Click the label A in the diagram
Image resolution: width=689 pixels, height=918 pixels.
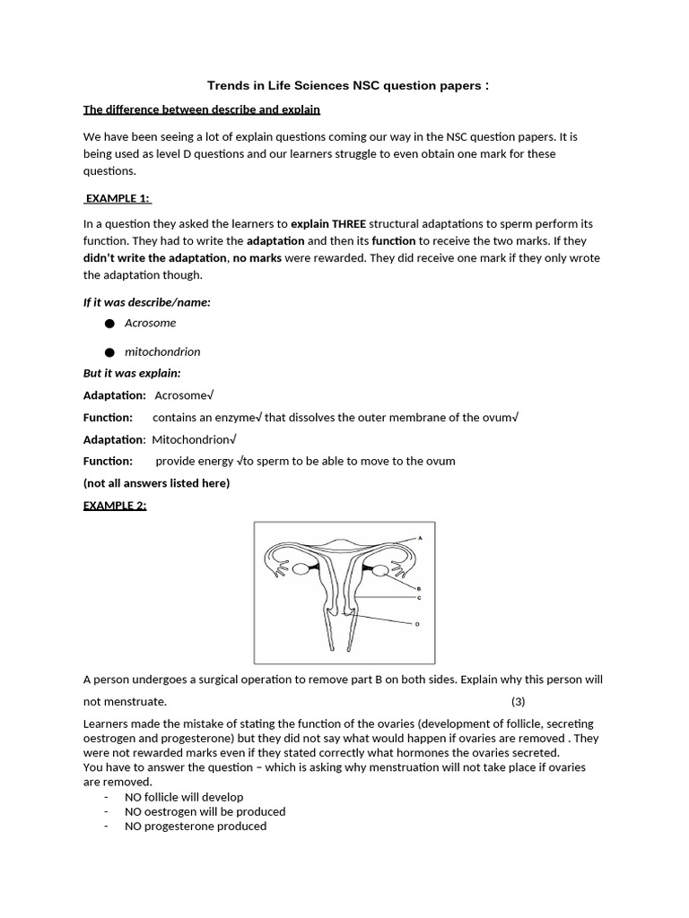[x=418, y=538]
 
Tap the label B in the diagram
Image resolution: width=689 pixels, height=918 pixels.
[x=418, y=589]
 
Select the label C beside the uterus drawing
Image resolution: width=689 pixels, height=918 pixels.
[x=418, y=597]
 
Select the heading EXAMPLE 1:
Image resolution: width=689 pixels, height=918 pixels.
[x=118, y=198]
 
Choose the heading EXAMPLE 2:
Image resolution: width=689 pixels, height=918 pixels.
[x=115, y=505]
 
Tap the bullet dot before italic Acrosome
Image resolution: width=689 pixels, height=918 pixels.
[x=109, y=324]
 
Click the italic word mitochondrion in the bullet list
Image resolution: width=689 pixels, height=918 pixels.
[x=162, y=351]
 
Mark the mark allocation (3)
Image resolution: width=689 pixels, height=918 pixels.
[x=519, y=701]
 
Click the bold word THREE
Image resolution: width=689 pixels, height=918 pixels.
[x=349, y=223]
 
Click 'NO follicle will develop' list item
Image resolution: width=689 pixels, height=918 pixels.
[x=184, y=796]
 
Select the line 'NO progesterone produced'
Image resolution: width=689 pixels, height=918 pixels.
[x=196, y=826]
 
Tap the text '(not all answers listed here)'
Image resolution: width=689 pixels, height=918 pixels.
[x=156, y=483]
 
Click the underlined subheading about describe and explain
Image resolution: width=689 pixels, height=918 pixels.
[x=202, y=110]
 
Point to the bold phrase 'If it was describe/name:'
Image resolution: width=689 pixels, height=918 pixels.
[x=147, y=302]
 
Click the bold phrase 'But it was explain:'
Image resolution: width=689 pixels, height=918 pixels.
[x=132, y=373]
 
